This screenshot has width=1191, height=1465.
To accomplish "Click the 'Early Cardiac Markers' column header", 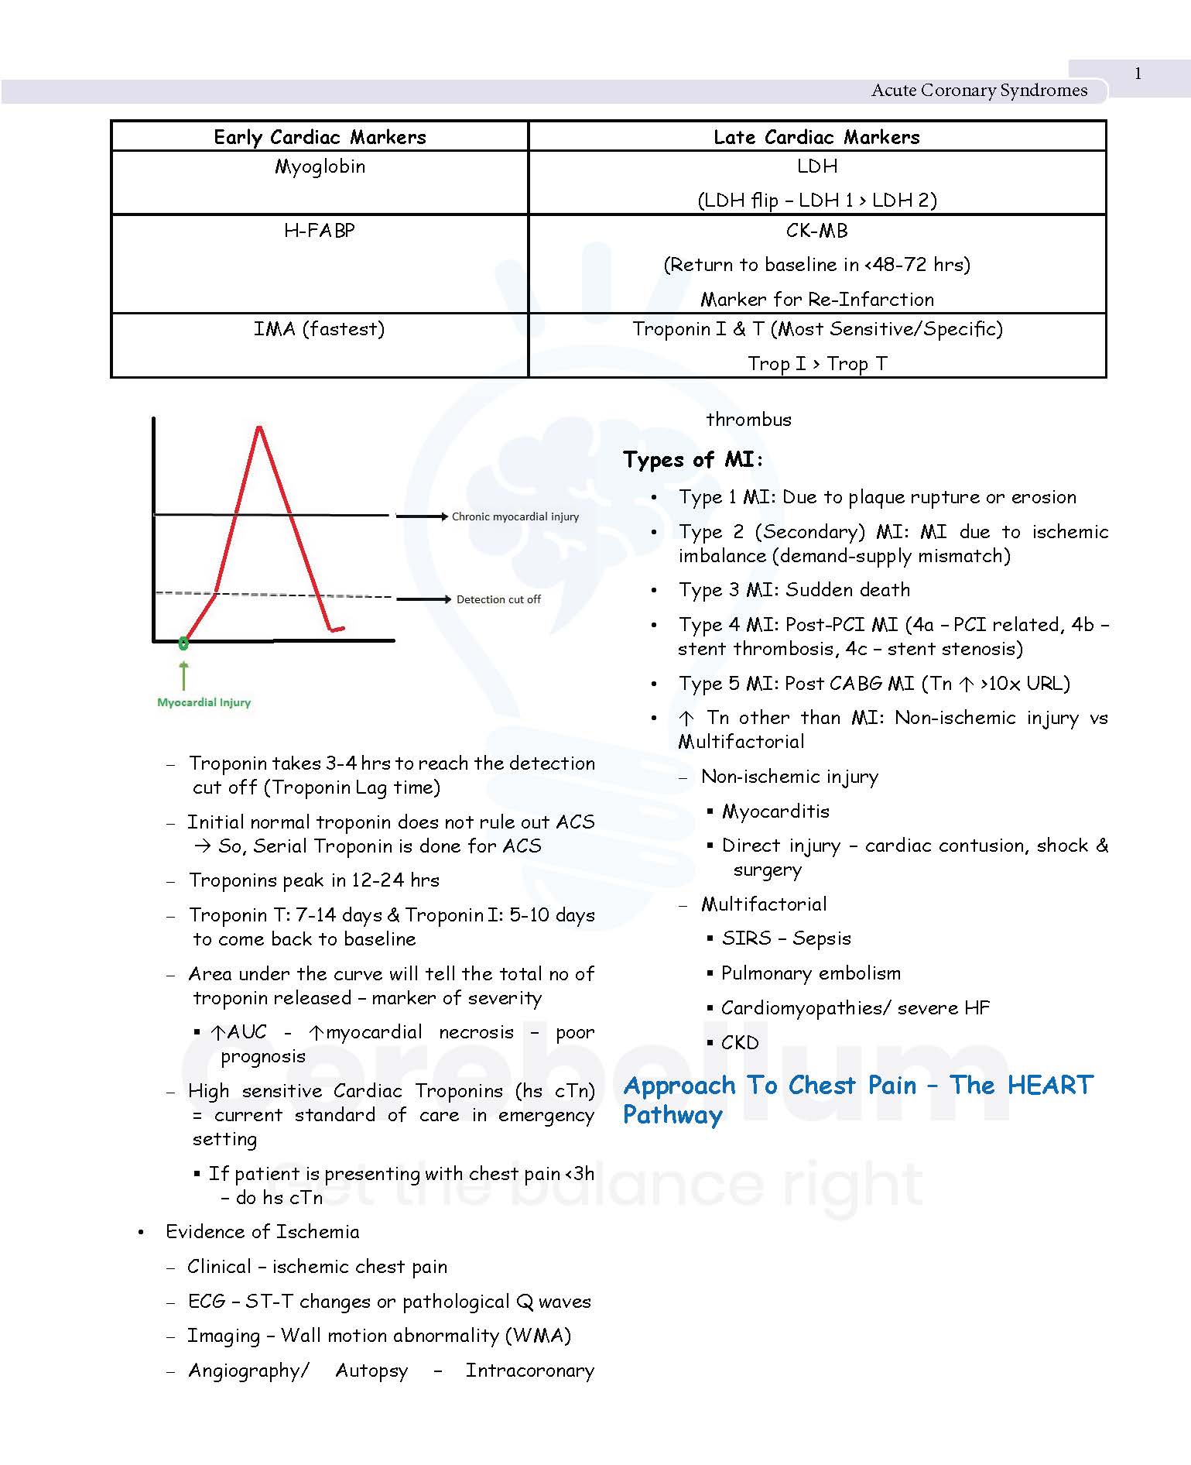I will [320, 137].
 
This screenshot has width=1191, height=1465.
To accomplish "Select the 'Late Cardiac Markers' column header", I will [816, 137].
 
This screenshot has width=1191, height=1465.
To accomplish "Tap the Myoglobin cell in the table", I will [320, 166].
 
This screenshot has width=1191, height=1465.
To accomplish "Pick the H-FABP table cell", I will [320, 231].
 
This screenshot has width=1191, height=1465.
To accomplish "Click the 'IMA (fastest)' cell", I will [320, 329].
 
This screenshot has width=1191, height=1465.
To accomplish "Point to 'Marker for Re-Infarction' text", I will [816, 299].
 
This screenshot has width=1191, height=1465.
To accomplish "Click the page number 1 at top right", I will [1138, 74].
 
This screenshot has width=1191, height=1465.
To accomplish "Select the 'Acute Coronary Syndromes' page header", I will [979, 91].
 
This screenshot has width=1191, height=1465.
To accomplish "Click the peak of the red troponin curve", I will [259, 427].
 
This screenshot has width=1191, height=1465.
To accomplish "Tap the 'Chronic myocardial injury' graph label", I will [515, 516].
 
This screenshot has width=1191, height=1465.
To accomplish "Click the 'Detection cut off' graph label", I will [498, 599].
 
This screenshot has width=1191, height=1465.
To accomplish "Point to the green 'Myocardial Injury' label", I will [204, 702].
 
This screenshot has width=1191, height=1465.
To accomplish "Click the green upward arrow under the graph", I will [183, 674].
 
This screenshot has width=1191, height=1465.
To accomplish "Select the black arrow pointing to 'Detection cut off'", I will [423, 599].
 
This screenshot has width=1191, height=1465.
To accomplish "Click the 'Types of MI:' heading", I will [693, 460].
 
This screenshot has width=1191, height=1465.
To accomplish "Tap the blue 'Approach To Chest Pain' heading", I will [857, 1086].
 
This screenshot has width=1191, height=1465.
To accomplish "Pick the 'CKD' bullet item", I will [740, 1043].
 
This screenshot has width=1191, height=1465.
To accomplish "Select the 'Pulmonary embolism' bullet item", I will [810, 973].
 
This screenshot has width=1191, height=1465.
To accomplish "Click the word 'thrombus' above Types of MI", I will [748, 420].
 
